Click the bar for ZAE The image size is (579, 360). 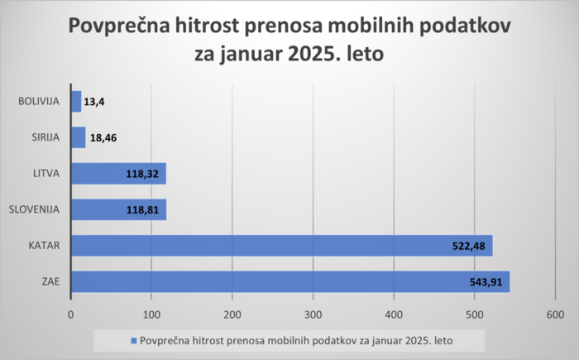pyautogui.click(x=289, y=282)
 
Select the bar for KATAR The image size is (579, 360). pyautogui.click(x=281, y=246)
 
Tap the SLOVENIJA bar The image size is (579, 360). pyautogui.click(x=118, y=209)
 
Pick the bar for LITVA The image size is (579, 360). pyautogui.click(x=118, y=174)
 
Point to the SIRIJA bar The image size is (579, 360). pyautogui.click(x=78, y=137)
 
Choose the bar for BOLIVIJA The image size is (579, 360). pyautogui.click(x=76, y=102)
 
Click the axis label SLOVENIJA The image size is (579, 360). pyautogui.click(x=34, y=209)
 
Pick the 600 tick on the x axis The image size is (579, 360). pyautogui.click(x=555, y=314)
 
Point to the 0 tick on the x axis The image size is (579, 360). pyautogui.click(x=70, y=314)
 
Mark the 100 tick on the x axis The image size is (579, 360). pyautogui.click(x=151, y=314)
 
